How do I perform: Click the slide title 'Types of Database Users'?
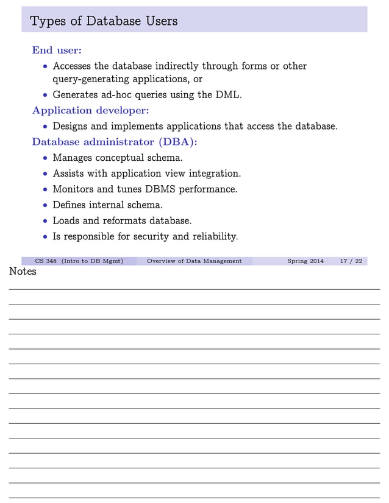pyautogui.click(x=104, y=21)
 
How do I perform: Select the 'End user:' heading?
pyautogui.click(x=57, y=51)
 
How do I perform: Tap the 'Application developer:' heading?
pyautogui.click(x=90, y=110)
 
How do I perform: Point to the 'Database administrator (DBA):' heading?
pyautogui.click(x=115, y=142)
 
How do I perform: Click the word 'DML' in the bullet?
pyautogui.click(x=228, y=94)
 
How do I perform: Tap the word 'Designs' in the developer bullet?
pyautogui.click(x=71, y=126)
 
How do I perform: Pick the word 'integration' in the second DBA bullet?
pyautogui.click(x=214, y=174)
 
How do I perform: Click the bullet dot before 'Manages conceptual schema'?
pyautogui.click(x=45, y=158)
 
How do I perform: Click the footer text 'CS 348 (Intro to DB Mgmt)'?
pyautogui.click(x=79, y=261)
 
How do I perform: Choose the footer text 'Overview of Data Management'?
pyautogui.click(x=194, y=261)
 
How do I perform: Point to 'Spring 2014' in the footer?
pyautogui.click(x=305, y=261)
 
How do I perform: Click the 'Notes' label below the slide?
pyautogui.click(x=23, y=272)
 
